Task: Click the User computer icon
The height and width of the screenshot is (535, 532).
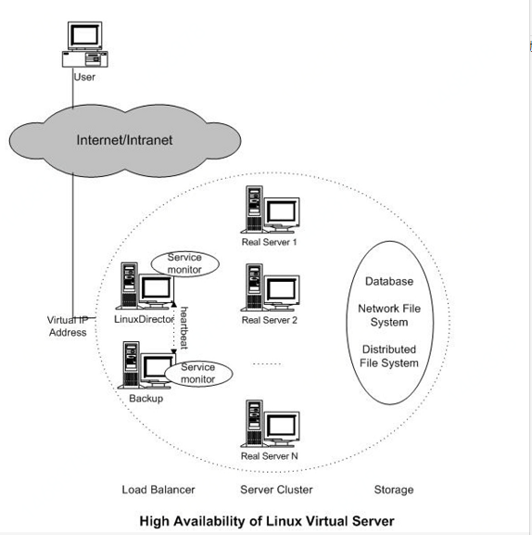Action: coord(85,45)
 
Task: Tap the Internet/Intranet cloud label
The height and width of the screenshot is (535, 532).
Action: coord(124,140)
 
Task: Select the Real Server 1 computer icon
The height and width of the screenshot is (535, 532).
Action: coord(270,210)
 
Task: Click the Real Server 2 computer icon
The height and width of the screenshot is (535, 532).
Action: coord(270,287)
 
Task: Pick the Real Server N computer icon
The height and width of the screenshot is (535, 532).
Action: coord(270,424)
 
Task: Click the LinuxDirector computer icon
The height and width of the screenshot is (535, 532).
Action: coord(146,286)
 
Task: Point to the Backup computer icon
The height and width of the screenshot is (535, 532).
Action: coord(146,365)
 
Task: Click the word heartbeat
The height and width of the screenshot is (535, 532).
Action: coord(184,328)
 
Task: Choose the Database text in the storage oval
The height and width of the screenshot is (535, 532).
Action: coord(389,281)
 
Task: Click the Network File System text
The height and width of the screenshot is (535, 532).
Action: coord(389,315)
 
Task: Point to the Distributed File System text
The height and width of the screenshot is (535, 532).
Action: coord(389,356)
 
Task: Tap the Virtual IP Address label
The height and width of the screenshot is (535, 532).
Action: coord(68,326)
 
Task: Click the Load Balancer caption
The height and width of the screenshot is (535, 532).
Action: coord(158,490)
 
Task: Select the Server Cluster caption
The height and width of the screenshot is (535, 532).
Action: coord(276,490)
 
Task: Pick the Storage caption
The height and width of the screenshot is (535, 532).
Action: coord(394,490)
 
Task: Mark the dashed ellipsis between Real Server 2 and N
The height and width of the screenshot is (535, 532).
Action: coord(267,364)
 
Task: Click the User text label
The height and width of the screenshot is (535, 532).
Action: coord(84,77)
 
